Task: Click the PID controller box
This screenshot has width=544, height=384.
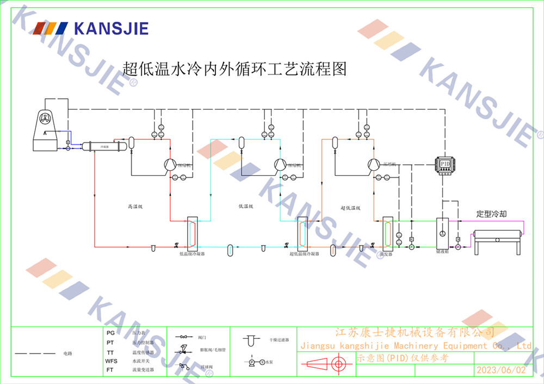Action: tap(445, 164)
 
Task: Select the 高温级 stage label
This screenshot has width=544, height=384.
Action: tap(135, 207)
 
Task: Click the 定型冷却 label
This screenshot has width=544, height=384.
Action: tap(491, 214)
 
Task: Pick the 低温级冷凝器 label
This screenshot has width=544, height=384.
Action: tap(192, 253)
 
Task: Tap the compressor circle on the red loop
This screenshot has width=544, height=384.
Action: tap(169, 164)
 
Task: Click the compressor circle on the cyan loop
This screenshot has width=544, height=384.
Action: tap(280, 164)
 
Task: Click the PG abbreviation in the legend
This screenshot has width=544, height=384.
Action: tap(110, 332)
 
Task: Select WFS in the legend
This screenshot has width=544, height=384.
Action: tap(111, 361)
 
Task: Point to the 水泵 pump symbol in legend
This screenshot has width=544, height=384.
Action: tap(253, 362)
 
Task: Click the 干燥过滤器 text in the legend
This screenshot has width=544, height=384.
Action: tap(279, 340)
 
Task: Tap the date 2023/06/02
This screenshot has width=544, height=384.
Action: tap(501, 370)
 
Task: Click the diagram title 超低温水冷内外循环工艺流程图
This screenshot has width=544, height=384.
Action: tap(234, 70)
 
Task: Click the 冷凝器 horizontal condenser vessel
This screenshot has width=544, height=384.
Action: tap(104, 146)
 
